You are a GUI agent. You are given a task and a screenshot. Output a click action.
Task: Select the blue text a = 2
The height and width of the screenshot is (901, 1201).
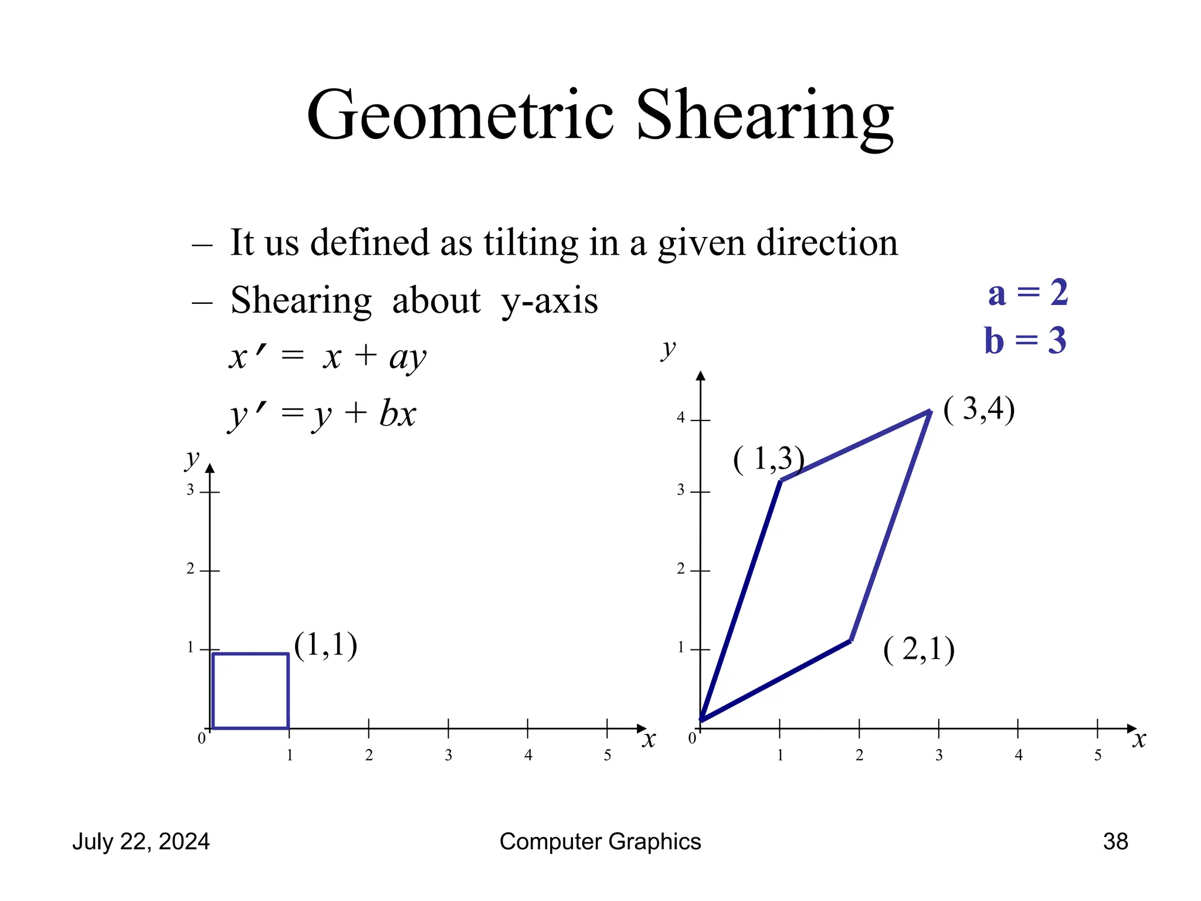coord(1027,293)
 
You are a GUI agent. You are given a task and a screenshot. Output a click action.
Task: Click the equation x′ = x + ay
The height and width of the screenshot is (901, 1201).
coord(327,356)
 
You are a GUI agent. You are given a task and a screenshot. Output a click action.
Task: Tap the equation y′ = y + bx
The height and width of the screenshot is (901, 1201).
coord(322,414)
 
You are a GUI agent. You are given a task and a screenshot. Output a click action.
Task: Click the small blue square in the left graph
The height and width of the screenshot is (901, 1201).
coord(250,690)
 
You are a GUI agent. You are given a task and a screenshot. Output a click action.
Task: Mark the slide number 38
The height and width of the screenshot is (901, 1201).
coord(1115,841)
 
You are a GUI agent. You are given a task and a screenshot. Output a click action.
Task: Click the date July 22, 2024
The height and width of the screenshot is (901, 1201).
coord(141,841)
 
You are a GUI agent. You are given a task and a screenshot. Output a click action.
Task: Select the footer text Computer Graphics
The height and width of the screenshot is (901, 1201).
coord(600,841)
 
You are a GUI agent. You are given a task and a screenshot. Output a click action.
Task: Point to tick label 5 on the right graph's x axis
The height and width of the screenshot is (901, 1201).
coord(1097,755)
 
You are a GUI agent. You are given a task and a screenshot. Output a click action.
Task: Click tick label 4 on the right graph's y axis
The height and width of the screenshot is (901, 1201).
coord(680,418)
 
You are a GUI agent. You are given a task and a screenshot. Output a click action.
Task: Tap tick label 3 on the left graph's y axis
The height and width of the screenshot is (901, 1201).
coord(190,490)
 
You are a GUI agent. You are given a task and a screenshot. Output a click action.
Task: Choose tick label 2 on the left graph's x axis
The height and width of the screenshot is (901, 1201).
coord(369,755)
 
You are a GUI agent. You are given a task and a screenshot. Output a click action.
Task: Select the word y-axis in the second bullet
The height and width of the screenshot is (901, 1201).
coord(549,301)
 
